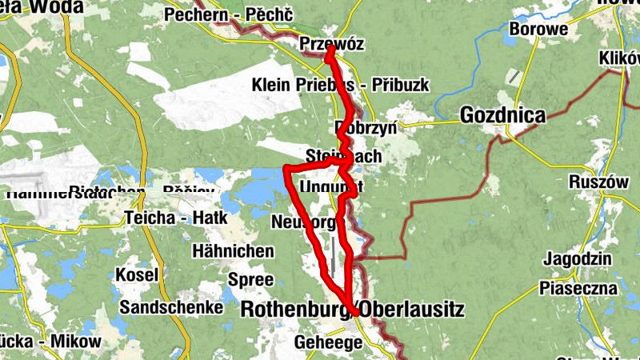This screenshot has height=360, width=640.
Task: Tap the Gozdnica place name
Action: point(502,116)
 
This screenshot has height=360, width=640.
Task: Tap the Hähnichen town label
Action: point(233,251)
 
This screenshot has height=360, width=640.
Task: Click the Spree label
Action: point(250,280)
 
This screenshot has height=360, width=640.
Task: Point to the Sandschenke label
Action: point(171,307)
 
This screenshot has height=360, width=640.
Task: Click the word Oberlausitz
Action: point(411,308)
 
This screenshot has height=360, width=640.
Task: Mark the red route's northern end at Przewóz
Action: point(330,49)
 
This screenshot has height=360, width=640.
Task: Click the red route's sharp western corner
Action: point(286,168)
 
